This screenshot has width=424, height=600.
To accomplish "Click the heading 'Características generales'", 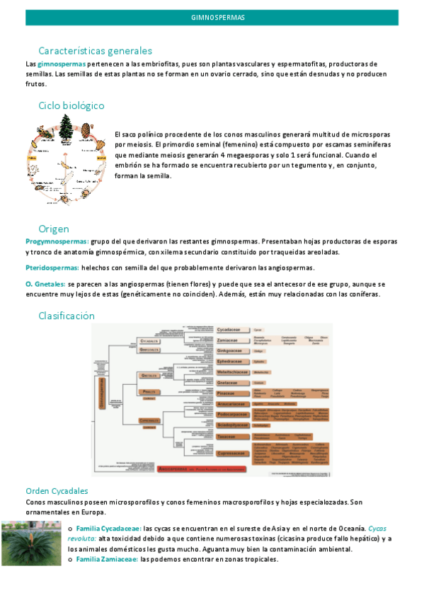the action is pyautogui.click(x=95, y=51).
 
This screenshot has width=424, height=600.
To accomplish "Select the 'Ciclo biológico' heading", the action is pyautogui.click(x=71, y=105).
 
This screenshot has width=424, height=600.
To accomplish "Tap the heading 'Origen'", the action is pyautogui.click(x=54, y=228).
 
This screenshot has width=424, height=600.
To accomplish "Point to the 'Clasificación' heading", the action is pyautogui.click(x=67, y=316).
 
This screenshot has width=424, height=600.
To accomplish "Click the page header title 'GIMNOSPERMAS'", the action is pyautogui.click(x=212, y=16).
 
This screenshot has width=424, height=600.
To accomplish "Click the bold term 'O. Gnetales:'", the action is pyautogui.click(x=45, y=284).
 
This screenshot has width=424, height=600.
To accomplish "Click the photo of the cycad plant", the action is pyautogui.click(x=31, y=543).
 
